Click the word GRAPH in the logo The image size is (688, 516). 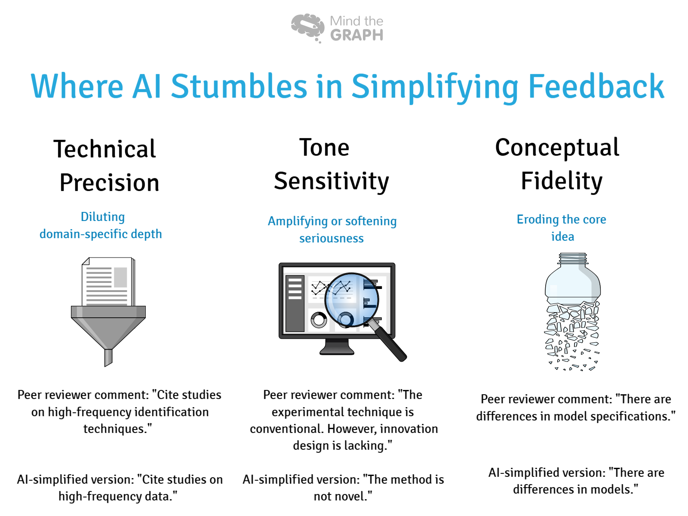[x=356, y=35]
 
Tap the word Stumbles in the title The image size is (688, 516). [x=239, y=86]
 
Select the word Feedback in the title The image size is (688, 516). [x=596, y=86]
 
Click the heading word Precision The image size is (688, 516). [x=109, y=183]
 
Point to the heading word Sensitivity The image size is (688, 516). [x=332, y=181]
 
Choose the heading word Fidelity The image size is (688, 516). [x=562, y=181]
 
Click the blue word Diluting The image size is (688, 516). [x=103, y=217]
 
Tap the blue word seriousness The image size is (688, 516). [x=332, y=238]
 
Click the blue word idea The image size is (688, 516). [x=562, y=236]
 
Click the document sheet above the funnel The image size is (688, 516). [x=107, y=282]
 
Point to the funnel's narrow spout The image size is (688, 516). [x=108, y=357]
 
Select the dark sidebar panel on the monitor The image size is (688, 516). [x=295, y=304]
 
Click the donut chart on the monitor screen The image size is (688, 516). [x=319, y=320]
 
